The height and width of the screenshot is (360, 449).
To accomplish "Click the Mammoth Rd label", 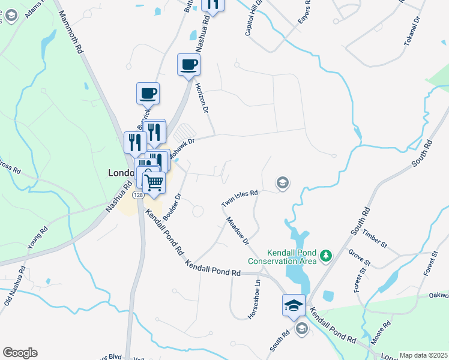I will point(71,34).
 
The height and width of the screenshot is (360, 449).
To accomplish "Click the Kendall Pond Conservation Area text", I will point(282,257).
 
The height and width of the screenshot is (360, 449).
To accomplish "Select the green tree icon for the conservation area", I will point(326,256).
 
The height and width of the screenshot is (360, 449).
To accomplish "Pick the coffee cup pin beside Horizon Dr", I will point(188,64).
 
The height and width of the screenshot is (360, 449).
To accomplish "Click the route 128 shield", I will point(138,196).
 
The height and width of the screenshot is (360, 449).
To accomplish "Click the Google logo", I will point(19,353).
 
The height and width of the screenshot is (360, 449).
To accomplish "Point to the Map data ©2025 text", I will point(423,355).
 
